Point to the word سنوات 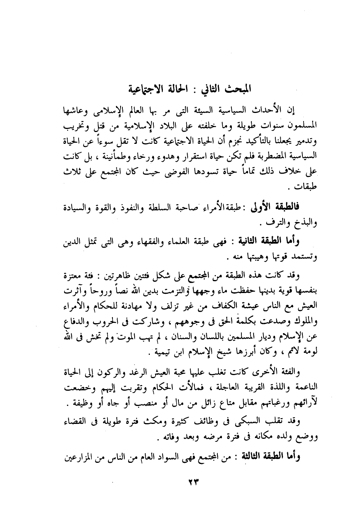pos(264,125)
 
